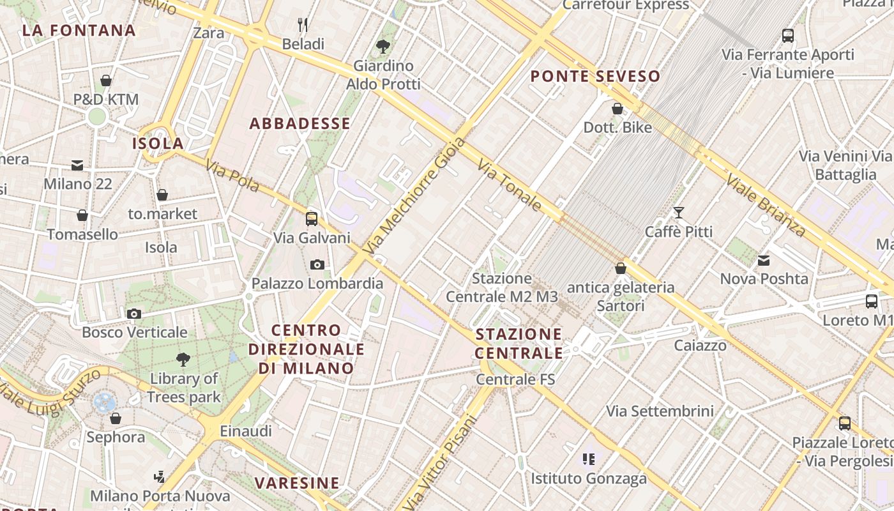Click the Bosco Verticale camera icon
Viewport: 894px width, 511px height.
point(134,314)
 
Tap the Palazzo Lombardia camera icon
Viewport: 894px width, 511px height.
point(317,264)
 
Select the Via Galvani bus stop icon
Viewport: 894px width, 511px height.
point(312,219)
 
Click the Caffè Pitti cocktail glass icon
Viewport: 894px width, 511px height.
point(678,212)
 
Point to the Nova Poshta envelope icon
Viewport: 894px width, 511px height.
point(764,260)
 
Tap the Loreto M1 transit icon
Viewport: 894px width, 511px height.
point(872,301)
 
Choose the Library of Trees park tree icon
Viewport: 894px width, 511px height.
point(183,360)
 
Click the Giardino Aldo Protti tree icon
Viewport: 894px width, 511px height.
point(383,46)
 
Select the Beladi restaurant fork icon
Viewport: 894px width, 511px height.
point(303,25)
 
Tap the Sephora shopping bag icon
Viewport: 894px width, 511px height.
point(116,418)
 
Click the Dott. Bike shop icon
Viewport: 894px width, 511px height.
point(617,109)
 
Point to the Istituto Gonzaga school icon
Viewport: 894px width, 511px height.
point(589,459)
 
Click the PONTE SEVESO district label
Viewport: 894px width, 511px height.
point(595,77)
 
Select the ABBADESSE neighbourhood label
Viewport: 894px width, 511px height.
point(299,124)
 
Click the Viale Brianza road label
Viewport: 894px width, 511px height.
point(765,204)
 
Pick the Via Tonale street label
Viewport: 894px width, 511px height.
point(510,186)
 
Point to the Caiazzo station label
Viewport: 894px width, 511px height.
point(701,346)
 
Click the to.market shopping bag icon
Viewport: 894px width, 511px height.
point(162,195)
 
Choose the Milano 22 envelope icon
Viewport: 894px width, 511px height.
point(77,165)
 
